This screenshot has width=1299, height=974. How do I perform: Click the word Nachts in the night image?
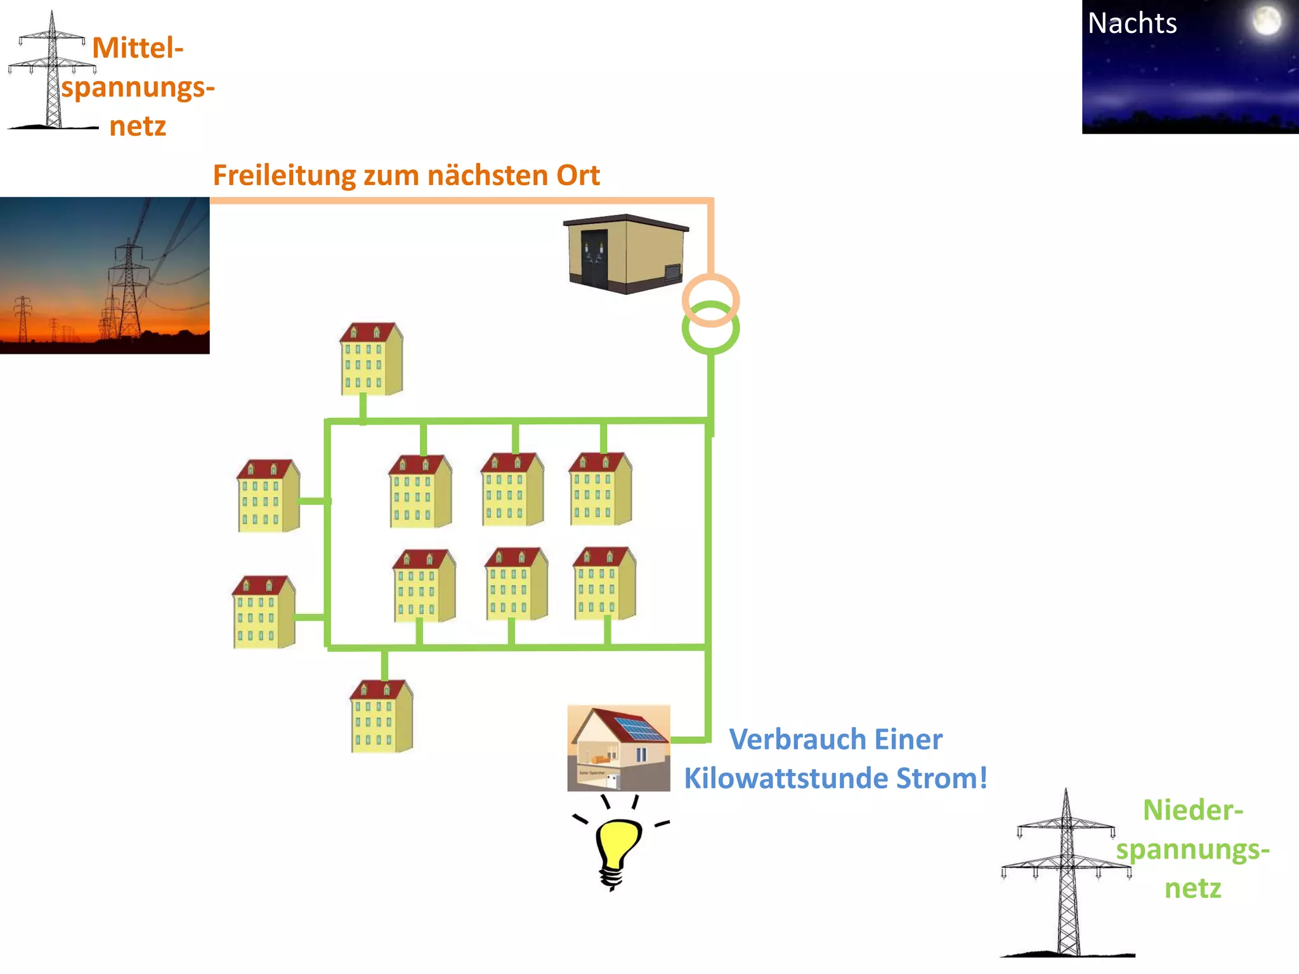click(1132, 24)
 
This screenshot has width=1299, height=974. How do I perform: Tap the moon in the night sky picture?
click(1266, 20)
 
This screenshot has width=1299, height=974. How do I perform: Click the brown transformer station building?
click(625, 254)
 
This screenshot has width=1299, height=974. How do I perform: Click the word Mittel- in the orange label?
click(138, 48)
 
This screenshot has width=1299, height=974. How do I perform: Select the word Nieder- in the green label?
click(1192, 810)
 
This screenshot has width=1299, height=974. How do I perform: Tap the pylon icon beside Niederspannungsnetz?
click(1067, 875)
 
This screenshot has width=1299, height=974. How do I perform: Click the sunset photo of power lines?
click(105, 275)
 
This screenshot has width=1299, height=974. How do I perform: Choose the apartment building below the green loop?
click(381, 717)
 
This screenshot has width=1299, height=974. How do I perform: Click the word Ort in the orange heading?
click(578, 176)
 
